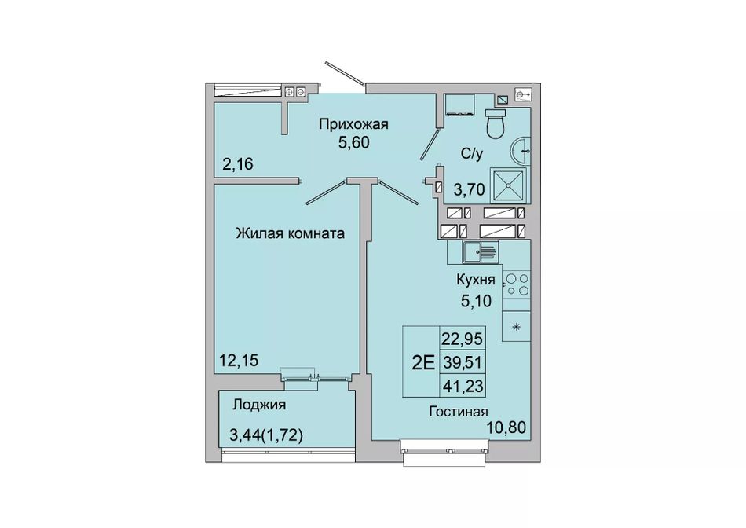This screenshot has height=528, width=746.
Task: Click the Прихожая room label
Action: [x=353, y=124]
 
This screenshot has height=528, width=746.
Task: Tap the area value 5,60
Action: [x=353, y=142]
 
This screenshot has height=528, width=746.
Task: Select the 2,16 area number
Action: [x=238, y=164]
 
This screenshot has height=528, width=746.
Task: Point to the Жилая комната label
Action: [x=291, y=233]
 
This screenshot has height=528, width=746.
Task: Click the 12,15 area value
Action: [x=239, y=361]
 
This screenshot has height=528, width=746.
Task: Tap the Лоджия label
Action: [x=259, y=405]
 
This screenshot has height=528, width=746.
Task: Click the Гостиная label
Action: [x=459, y=412]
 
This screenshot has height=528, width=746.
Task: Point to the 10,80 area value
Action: [x=506, y=427]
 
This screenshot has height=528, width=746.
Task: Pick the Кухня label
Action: [x=476, y=280]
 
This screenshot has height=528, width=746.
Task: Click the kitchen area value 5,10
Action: [x=476, y=300]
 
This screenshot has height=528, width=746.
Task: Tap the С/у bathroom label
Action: [x=472, y=153]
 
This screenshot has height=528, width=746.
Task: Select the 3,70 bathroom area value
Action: [x=469, y=189]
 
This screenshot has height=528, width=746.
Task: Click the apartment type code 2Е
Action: [x=423, y=363]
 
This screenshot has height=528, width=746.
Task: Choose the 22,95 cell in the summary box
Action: [x=462, y=339]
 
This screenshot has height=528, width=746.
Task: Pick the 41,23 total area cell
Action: [x=463, y=386]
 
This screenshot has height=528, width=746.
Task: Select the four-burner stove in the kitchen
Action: [x=517, y=284]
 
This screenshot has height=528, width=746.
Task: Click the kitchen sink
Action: [x=481, y=252]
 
